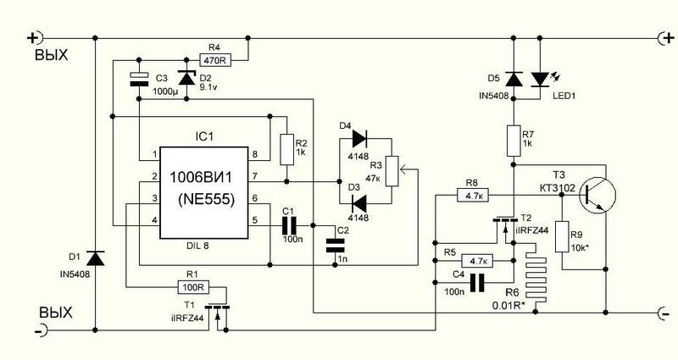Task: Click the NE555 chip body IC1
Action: pyautogui.click(x=204, y=193)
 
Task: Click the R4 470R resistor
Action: pyautogui.click(x=215, y=59)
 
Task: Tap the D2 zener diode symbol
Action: pyautogui.click(x=186, y=78)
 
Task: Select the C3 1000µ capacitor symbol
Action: pyautogui.click(x=139, y=79)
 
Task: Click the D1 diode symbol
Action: pyautogui.click(x=95, y=259)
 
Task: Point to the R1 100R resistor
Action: pyautogui.click(x=193, y=286)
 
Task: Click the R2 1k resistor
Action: pyautogui.click(x=287, y=150)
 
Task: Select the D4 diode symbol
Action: pyautogui.click(x=359, y=139)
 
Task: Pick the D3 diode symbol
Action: pyautogui.click(x=358, y=202)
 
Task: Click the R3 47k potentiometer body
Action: pyautogui.click(x=392, y=171)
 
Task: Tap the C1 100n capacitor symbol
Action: pyautogui.click(x=289, y=225)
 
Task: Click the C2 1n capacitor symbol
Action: pyautogui.click(x=335, y=245)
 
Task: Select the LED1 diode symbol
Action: pyautogui.click(x=540, y=80)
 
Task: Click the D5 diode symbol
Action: pyautogui.click(x=514, y=80)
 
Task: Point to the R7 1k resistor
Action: pyautogui.click(x=514, y=141)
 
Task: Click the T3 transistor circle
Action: pyautogui.click(x=597, y=195)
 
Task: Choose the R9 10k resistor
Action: pyautogui.click(x=562, y=236)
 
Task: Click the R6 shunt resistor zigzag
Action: pyautogui.click(x=536, y=274)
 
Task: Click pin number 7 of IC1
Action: pyautogui.click(x=255, y=176)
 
